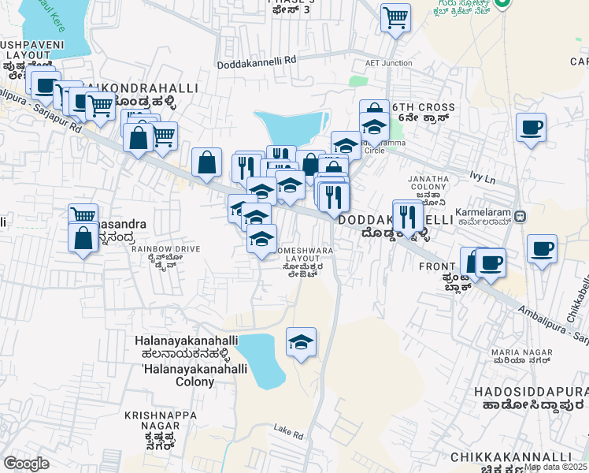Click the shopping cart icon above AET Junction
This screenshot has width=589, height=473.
[x=395, y=17]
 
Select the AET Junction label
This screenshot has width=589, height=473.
[x=388, y=64]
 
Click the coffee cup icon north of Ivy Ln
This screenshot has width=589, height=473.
[x=531, y=127]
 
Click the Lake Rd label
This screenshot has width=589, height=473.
[x=288, y=432]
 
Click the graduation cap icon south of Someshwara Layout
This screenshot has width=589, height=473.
[x=301, y=343]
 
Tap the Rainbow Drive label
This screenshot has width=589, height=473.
[x=165, y=255]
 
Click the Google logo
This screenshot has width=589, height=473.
[x=26, y=463]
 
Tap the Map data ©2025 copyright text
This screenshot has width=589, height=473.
[x=556, y=467]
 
